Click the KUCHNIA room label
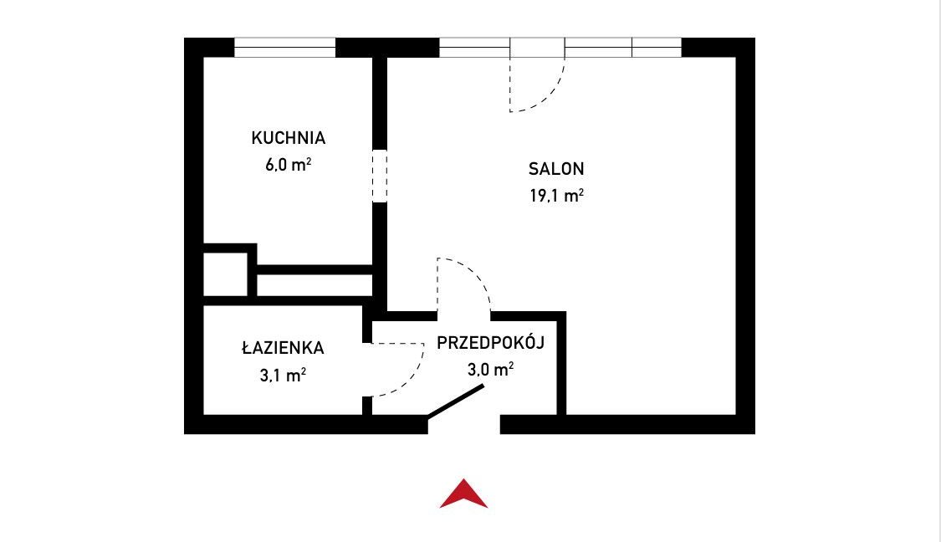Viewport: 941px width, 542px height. click(x=288, y=138)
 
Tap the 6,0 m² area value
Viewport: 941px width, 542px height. click(x=288, y=165)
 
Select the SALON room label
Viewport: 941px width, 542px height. click(x=556, y=169)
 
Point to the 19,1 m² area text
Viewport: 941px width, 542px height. click(x=556, y=196)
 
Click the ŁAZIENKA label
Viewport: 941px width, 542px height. click(x=284, y=347)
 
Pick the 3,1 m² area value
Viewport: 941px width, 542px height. click(x=284, y=376)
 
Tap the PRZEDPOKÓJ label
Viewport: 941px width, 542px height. click(x=490, y=343)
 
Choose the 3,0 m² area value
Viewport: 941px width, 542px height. click(x=490, y=369)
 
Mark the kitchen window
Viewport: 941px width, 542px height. click(x=284, y=48)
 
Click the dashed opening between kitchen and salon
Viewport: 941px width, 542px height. click(x=379, y=176)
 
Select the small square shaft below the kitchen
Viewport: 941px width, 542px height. click(x=225, y=274)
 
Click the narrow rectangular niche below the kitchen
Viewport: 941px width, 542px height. click(x=315, y=285)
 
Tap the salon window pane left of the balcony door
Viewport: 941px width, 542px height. click(x=475, y=48)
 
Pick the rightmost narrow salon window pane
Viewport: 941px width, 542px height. click(x=657, y=48)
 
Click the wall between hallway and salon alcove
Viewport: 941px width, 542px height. click(x=562, y=363)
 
